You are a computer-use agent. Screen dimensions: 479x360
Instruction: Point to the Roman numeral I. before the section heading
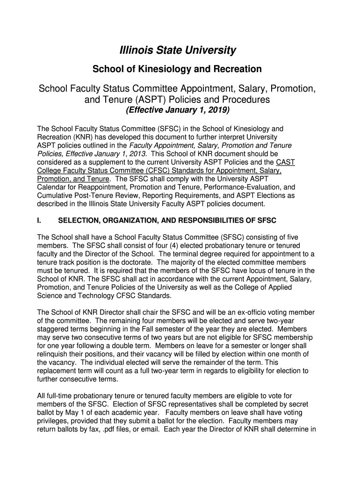pos(40,220)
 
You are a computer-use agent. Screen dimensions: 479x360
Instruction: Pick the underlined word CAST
pos(286,162)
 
